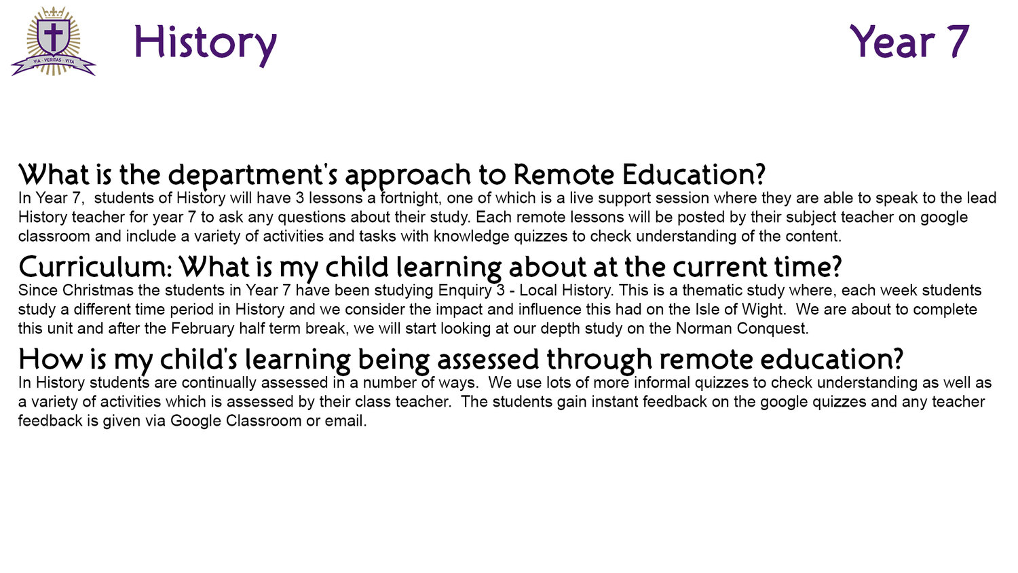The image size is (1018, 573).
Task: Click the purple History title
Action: [x=206, y=45]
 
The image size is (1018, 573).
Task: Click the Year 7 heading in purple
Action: [x=910, y=41]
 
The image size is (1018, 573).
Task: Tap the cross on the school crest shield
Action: [x=53, y=37]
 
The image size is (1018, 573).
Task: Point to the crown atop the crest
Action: [x=54, y=12]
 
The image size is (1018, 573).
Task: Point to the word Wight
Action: [x=763, y=309]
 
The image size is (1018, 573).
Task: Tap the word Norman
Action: [x=704, y=329]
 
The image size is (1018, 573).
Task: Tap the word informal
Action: [x=662, y=382]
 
